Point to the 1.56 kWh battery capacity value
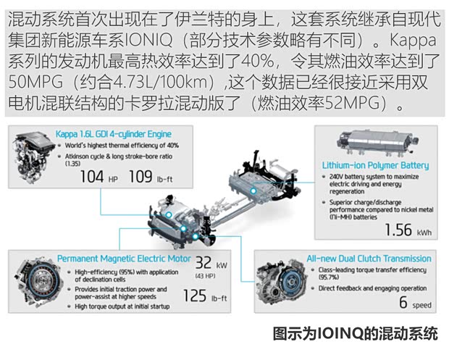click(x=405, y=230)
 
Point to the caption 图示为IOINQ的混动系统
click(x=355, y=334)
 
